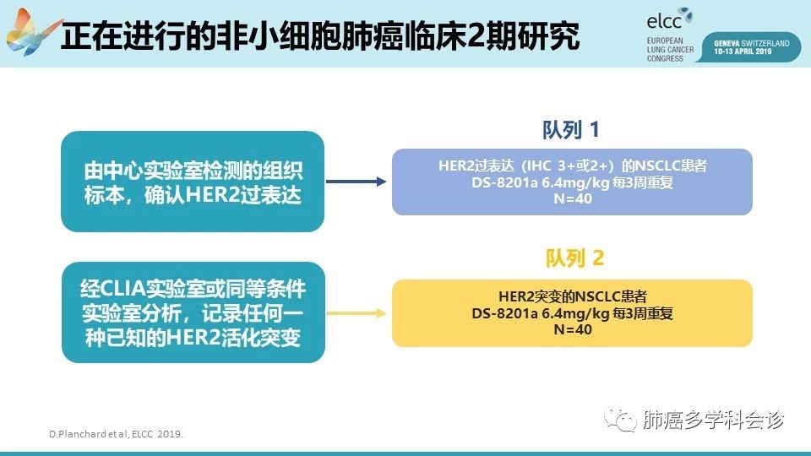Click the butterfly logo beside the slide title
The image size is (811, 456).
pyautogui.click(x=32, y=32)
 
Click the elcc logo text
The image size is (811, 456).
pyautogui.click(x=664, y=21)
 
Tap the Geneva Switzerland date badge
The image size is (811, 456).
pyautogui.click(x=751, y=47)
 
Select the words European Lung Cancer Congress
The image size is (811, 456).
pyautogui.click(x=670, y=50)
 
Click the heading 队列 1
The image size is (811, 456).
pyautogui.click(x=571, y=130)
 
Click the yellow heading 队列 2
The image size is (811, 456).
pyautogui.click(x=574, y=258)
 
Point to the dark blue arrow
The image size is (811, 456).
pyautogui.click(x=357, y=182)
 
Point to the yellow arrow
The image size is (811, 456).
pyautogui.click(x=357, y=313)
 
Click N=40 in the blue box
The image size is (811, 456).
pyautogui.click(x=573, y=198)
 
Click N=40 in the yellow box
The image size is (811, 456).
pyautogui.click(x=573, y=329)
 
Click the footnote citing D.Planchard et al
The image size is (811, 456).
pyautogui.click(x=117, y=434)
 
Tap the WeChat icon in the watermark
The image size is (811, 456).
pyautogui.click(x=619, y=418)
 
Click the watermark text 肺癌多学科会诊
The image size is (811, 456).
pyautogui.click(x=713, y=420)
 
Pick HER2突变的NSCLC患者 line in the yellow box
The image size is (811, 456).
pyautogui.click(x=573, y=296)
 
